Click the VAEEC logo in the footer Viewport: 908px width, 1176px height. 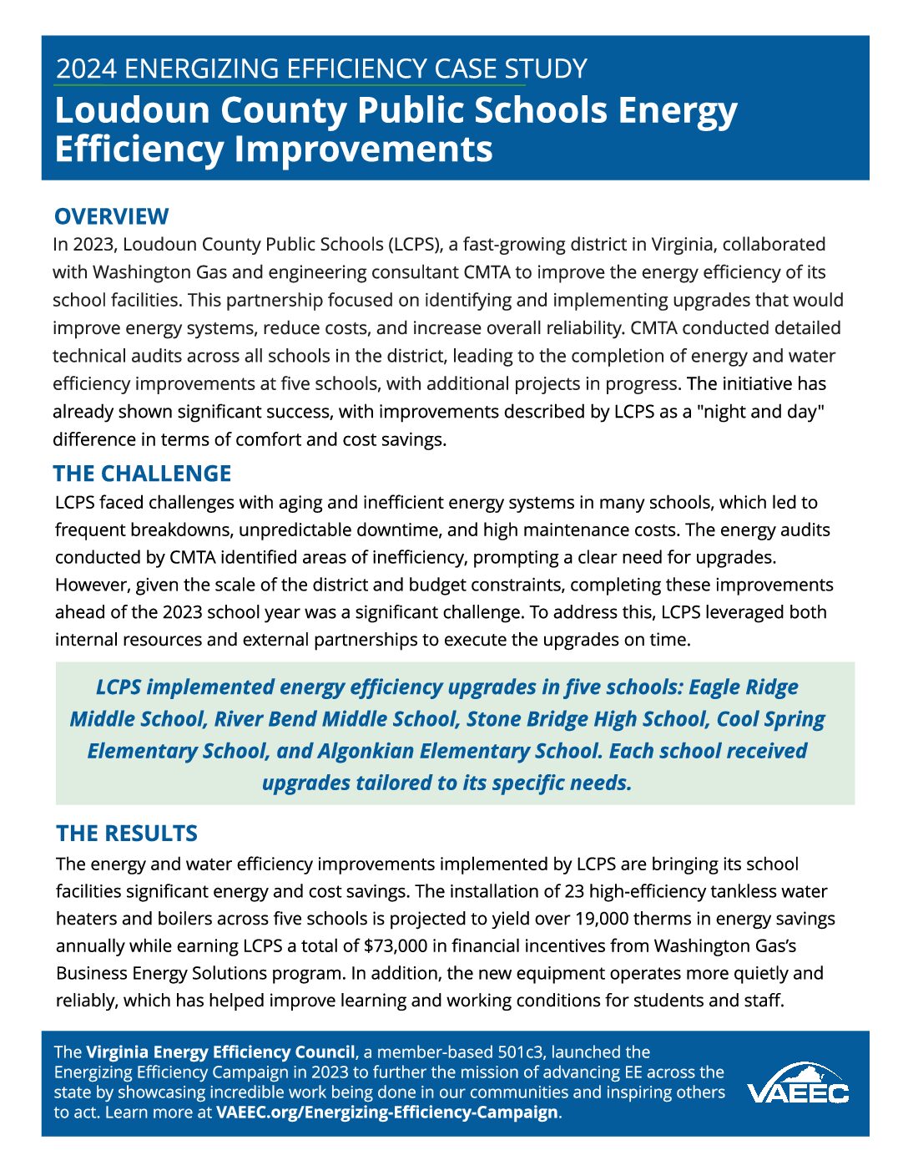click(797, 1085)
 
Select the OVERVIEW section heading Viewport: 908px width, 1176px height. click(111, 216)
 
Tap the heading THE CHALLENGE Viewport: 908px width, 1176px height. click(142, 474)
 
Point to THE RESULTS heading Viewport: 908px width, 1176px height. click(127, 834)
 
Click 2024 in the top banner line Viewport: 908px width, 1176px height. click(86, 68)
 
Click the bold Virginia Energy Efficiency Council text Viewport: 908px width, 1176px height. click(220, 1052)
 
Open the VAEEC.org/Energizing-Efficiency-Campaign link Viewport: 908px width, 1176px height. click(386, 1113)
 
